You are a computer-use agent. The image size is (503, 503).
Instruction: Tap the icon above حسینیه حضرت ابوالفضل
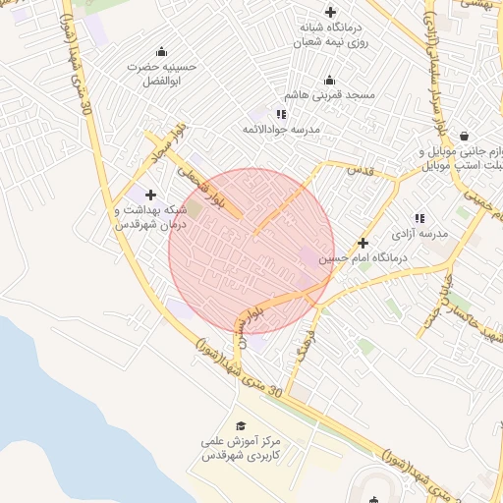tap(161, 51)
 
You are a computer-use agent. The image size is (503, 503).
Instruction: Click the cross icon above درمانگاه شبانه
tap(330, 12)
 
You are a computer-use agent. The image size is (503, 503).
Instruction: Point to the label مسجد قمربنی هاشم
tap(329, 96)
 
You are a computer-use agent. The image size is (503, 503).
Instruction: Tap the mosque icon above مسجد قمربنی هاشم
tap(329, 81)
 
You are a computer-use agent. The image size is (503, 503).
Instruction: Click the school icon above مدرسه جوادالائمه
tap(282, 114)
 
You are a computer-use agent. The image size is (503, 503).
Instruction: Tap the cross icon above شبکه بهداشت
tap(149, 195)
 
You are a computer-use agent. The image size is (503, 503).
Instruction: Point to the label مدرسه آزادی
tap(420, 234)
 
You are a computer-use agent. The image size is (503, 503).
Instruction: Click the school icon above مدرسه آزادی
tap(419, 218)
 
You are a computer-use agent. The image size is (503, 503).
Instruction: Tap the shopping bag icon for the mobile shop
tap(463, 138)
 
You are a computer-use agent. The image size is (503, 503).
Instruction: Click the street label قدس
tap(361, 170)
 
